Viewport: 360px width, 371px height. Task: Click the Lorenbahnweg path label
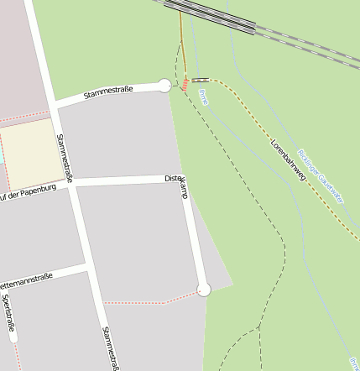pos(286,158)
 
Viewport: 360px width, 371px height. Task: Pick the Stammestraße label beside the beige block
pos(64,159)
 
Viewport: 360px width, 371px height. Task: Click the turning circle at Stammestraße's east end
pos(164,85)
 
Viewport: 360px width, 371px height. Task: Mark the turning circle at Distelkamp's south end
pos(203,290)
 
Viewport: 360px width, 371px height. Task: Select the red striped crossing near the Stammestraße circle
pos(182,84)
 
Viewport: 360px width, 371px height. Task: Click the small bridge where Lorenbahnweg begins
pos(201,81)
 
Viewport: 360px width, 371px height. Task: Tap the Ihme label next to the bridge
pos(202,96)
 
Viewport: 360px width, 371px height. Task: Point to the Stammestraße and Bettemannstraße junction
pos(88,269)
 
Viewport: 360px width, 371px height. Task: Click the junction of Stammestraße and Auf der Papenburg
pos(71,184)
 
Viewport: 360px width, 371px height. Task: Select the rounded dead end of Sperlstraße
pos(12,338)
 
